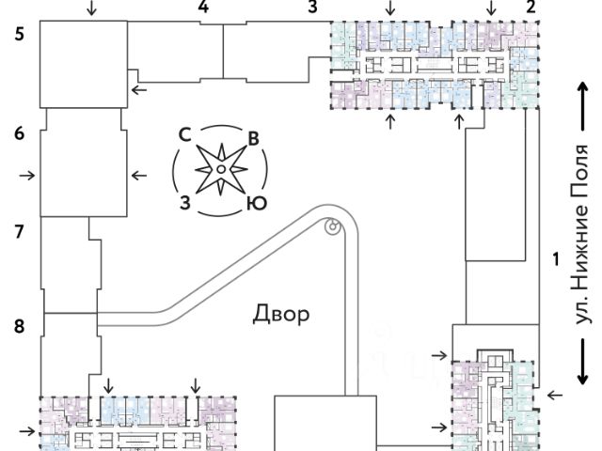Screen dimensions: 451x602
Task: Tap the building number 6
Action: coord(19,133)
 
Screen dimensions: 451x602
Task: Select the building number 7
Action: coord(19,230)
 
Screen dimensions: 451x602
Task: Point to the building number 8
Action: coord(19,327)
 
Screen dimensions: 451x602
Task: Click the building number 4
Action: coord(202,8)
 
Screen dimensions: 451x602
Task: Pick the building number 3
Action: coord(313,8)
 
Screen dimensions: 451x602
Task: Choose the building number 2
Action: coord(531,8)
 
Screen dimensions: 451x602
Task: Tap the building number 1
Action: coord(557,257)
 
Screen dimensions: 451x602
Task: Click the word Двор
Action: coord(281,314)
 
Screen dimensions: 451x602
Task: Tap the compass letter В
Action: coord(252,139)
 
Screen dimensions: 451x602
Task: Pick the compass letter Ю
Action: coord(253,202)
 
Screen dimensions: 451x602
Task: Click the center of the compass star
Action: coord(219,169)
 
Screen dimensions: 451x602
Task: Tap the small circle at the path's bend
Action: coord(331,225)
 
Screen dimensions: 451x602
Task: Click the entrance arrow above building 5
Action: coord(90,9)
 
